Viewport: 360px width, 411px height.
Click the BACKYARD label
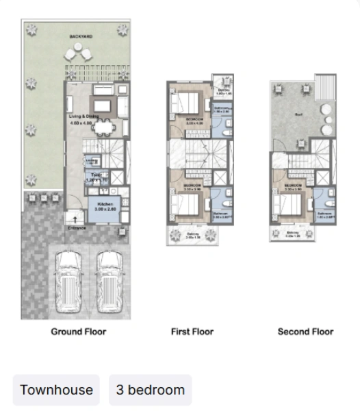(x=80, y=36)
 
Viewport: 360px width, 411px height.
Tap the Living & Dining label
(x=81, y=116)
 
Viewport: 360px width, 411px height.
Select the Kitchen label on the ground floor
(x=105, y=206)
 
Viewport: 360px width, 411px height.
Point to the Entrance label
(x=76, y=228)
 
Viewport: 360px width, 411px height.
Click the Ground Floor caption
(x=79, y=332)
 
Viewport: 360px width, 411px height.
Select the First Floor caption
(x=192, y=332)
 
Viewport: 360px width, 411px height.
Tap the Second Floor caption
(x=305, y=332)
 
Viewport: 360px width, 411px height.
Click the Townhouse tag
(x=56, y=390)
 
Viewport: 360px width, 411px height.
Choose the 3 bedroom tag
(x=150, y=390)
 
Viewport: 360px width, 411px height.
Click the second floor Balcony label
(x=293, y=233)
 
